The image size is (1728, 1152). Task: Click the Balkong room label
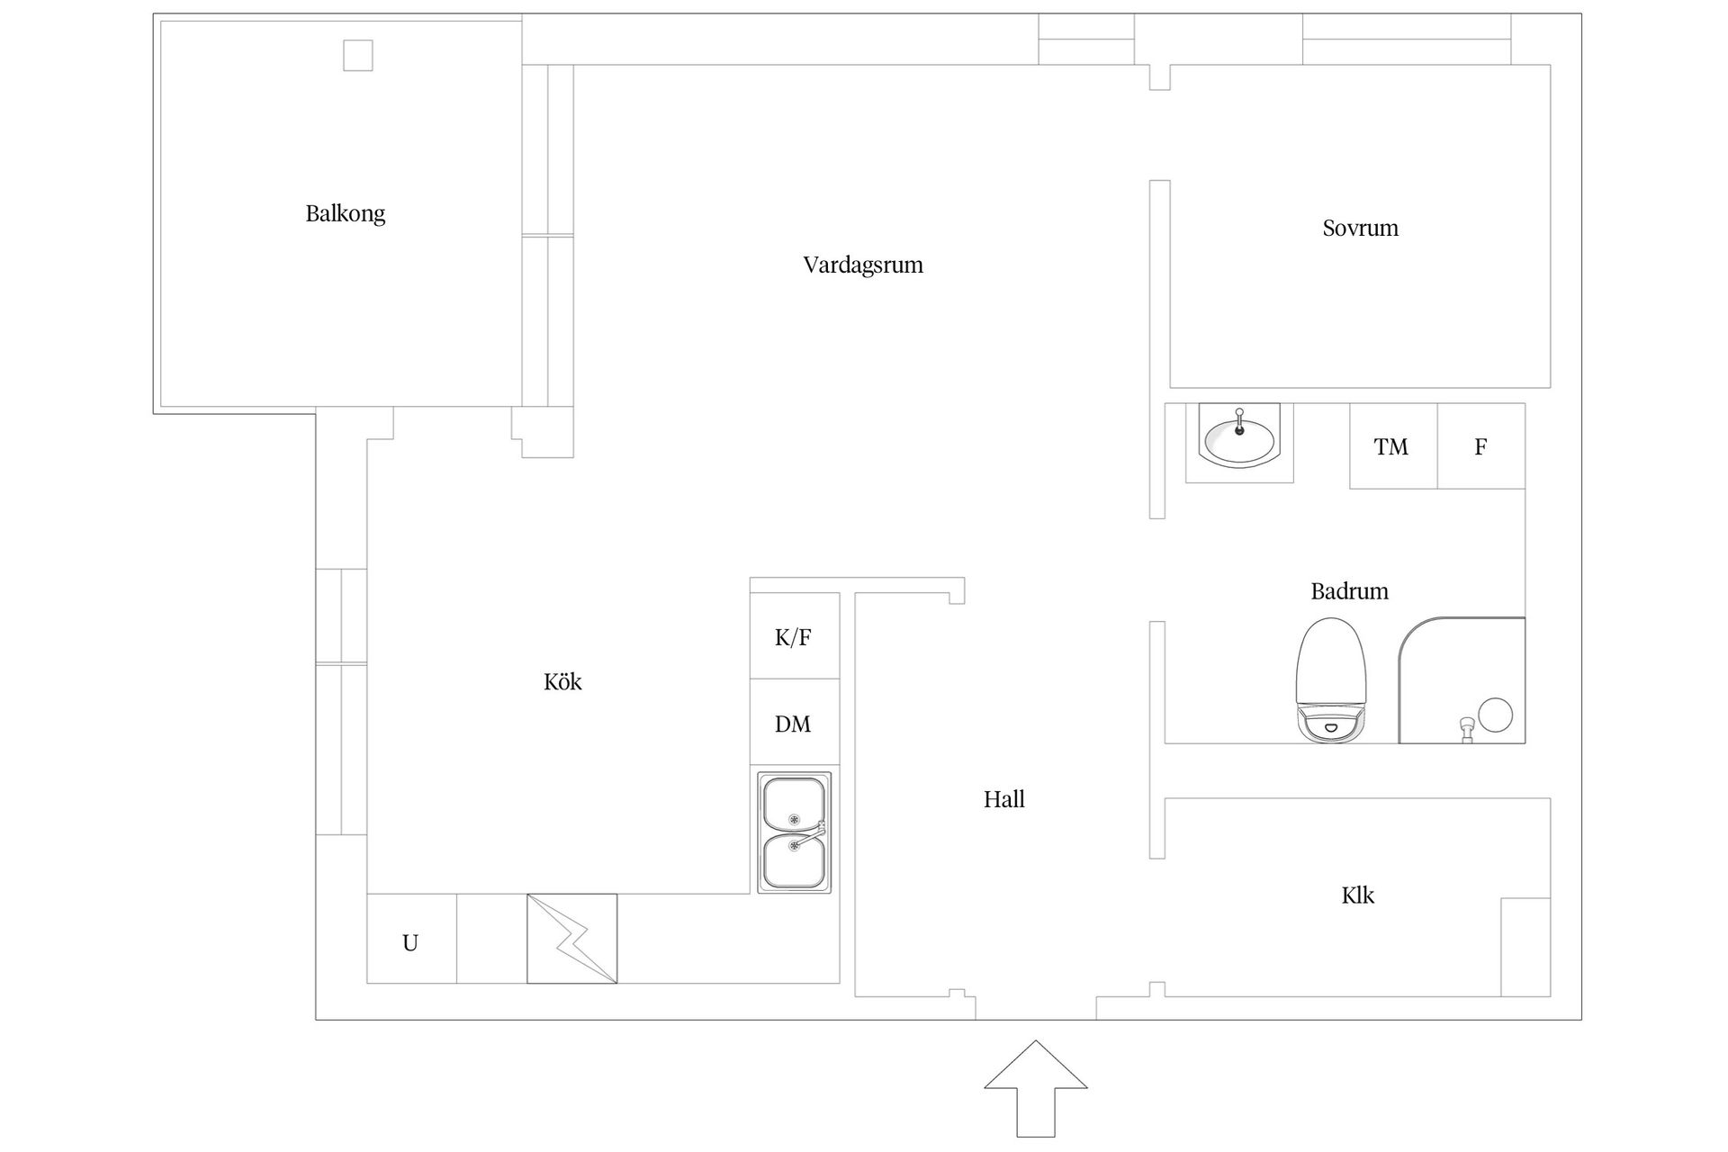point(345,214)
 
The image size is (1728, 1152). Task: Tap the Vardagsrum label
point(863,265)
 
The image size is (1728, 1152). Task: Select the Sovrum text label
point(1360,228)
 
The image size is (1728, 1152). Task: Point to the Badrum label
point(1349,591)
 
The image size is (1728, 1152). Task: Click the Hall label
point(1003,799)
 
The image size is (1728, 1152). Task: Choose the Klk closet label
point(1357,895)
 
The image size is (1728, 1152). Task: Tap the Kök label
point(562,682)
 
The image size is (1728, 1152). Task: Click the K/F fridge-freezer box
point(794,636)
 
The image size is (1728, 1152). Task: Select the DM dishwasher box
point(794,723)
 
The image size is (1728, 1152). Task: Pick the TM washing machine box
point(1391,446)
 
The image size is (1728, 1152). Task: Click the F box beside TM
point(1480,446)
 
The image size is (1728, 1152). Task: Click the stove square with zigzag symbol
point(571,939)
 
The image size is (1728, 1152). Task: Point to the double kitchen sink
point(794,832)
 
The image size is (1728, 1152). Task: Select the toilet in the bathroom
point(1331,680)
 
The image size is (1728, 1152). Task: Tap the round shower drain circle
point(1495,715)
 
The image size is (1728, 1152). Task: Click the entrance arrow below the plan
point(1035,1087)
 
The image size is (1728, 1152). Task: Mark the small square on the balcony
point(357,56)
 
